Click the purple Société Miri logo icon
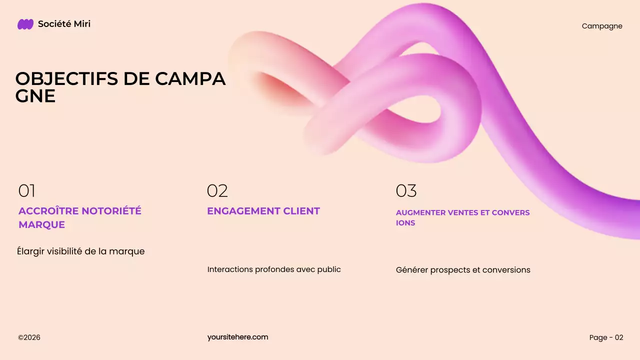25,24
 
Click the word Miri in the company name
81,24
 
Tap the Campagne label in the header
602,26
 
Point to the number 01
27,191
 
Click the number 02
217,191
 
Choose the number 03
406,191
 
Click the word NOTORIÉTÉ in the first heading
111,211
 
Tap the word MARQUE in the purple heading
41,225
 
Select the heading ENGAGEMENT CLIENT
263,211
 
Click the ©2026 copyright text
29,337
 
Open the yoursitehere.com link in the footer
237,337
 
